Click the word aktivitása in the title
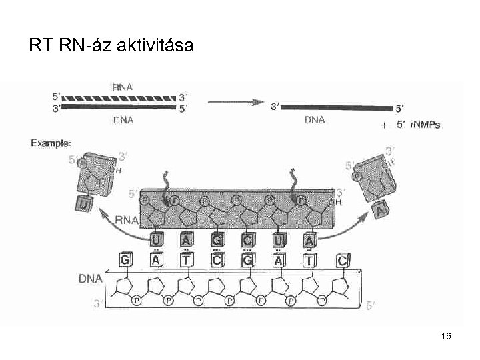pos(155,46)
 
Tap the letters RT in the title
pos(39,46)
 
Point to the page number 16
pos(446,337)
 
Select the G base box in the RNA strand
pos(217,239)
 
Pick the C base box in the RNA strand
pos(247,239)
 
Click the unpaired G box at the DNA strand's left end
pos(125,259)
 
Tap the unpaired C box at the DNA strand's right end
pos(341,261)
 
